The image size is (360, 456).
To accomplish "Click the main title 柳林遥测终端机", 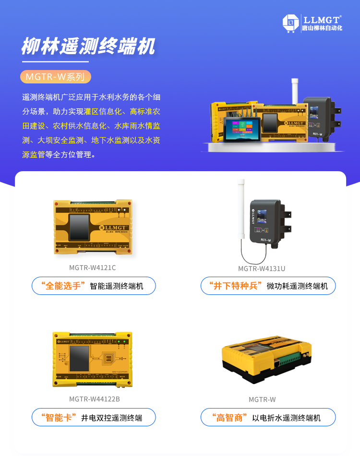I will [88, 47].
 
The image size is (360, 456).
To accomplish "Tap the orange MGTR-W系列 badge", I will [55, 77].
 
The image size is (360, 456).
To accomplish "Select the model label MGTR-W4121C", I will [93, 268].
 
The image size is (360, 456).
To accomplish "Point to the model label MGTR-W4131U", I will [262, 269].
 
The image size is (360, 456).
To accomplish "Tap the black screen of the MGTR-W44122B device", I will [79, 358].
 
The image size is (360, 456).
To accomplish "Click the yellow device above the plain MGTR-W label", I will [266, 357].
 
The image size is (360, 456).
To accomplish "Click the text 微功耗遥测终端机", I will [297, 286].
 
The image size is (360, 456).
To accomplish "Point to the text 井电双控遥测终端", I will [111, 418].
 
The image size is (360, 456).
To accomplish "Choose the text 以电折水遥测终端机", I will [287, 418].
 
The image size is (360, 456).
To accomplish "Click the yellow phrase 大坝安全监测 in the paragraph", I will [61, 140].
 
